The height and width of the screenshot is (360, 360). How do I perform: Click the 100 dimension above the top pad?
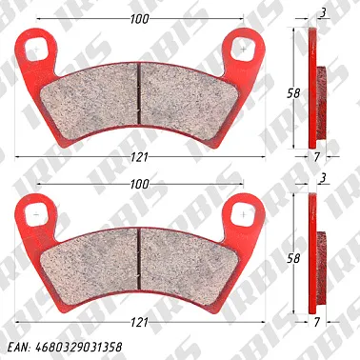pyautogui.click(x=139, y=19)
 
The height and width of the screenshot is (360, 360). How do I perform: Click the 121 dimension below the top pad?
pyautogui.click(x=139, y=157)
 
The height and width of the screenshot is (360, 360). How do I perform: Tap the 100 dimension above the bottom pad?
pyautogui.click(x=139, y=184)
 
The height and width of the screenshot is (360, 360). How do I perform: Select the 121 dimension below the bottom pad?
pyautogui.click(x=139, y=323)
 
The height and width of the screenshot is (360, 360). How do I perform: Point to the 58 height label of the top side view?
pyautogui.click(x=293, y=93)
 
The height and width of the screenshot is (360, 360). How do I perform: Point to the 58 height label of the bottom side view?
pyautogui.click(x=293, y=258)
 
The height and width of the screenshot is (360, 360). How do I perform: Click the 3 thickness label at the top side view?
pyautogui.click(x=324, y=13)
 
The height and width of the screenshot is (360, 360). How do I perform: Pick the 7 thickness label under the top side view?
pyautogui.click(x=316, y=157)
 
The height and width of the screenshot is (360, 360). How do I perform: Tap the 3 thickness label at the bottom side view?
pyautogui.click(x=324, y=178)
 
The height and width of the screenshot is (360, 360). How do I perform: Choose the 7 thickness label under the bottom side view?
pyautogui.click(x=316, y=323)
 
